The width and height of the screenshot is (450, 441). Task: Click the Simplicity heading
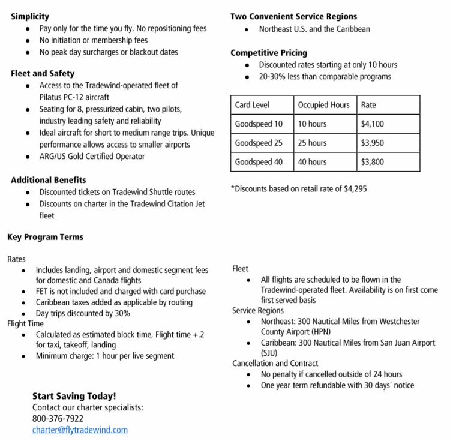coord(30,17)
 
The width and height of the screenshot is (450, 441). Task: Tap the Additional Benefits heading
coord(49,180)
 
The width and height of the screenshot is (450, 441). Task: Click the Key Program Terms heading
coord(45,237)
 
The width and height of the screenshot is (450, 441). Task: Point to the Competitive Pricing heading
coord(269,53)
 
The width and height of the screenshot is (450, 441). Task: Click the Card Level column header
coord(252,105)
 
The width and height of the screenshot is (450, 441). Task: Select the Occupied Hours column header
coord(323,105)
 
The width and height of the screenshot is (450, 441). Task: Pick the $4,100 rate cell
coord(373,124)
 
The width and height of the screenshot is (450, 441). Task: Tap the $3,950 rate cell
coord(373,143)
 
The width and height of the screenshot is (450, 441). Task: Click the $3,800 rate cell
coord(373,162)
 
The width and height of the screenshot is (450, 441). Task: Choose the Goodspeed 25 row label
coord(259,143)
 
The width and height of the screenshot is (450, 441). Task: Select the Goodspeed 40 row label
coord(259,162)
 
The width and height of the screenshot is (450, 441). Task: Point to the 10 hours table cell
coord(312,124)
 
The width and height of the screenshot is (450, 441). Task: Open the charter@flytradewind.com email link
coord(80,430)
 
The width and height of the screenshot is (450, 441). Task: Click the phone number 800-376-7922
coord(58,419)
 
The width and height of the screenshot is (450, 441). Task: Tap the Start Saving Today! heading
coord(74,396)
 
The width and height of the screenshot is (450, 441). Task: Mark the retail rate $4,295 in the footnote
coord(355,189)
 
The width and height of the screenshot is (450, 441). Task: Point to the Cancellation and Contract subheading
coord(275,364)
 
